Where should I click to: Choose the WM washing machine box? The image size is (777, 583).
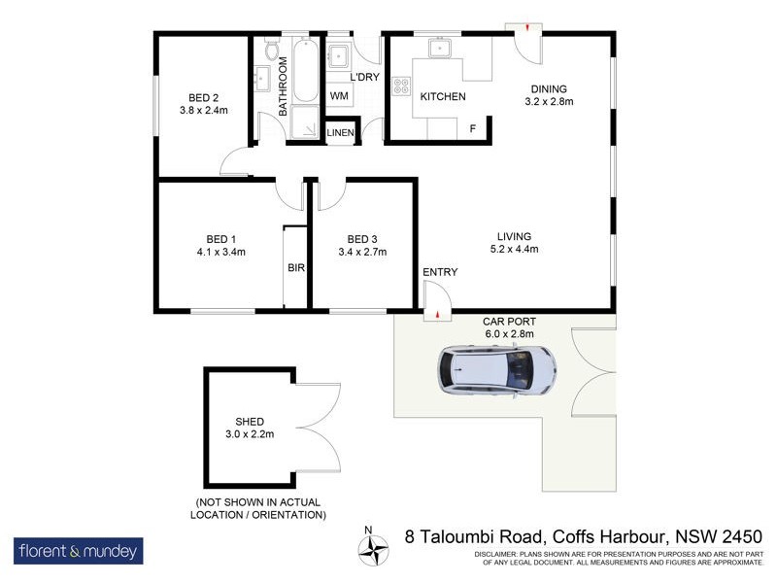(x=339, y=95)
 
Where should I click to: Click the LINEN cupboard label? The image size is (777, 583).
(x=340, y=132)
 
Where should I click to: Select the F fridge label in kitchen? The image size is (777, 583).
(x=473, y=128)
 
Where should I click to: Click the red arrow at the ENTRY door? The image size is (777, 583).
(x=439, y=314)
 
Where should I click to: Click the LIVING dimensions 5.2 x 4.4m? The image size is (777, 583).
(x=514, y=249)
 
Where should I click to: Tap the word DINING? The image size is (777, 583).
(x=549, y=86)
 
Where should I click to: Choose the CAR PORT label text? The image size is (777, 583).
(x=509, y=322)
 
